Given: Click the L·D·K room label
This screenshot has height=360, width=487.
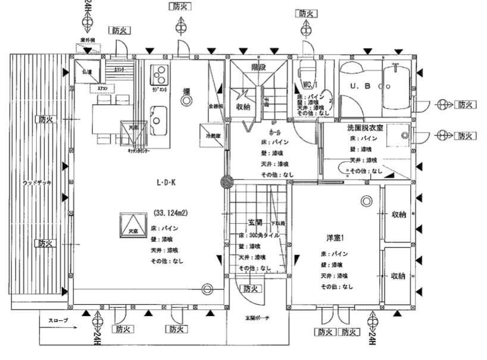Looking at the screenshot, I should (166, 183).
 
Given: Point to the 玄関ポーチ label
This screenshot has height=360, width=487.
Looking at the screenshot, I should (258, 318).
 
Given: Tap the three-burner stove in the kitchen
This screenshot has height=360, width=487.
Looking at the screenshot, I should (159, 74).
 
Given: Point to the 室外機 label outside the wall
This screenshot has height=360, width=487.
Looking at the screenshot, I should (88, 40).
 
